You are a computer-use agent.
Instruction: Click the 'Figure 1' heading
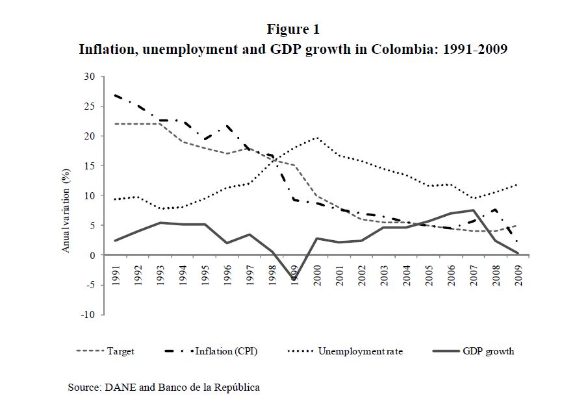tap(293, 29)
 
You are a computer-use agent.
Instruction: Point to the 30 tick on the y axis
tap(90, 77)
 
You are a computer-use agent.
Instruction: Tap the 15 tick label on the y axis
tap(90, 166)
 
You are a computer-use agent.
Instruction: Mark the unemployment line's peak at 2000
tap(317, 138)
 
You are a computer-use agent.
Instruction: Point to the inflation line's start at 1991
tap(114, 95)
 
